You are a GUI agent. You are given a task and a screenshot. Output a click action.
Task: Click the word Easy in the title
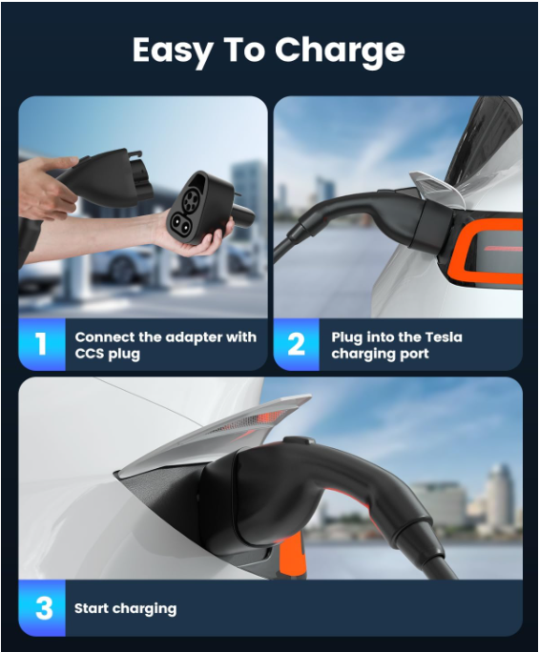click(x=173, y=51)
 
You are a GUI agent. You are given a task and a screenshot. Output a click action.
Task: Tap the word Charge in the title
click(x=340, y=51)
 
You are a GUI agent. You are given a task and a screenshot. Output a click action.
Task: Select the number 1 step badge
click(x=42, y=344)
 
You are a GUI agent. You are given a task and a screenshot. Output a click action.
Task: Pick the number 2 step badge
click(x=297, y=344)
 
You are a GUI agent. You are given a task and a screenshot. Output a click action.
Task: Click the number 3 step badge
click(x=42, y=608)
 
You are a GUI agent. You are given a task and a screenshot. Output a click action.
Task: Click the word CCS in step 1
click(x=90, y=354)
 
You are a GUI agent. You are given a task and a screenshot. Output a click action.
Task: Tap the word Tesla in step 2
click(x=444, y=336)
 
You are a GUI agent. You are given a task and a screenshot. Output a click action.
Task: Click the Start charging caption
click(x=125, y=609)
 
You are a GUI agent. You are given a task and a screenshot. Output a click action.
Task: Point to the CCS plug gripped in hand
click(x=106, y=179)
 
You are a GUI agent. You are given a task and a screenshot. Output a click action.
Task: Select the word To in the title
click(x=244, y=50)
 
